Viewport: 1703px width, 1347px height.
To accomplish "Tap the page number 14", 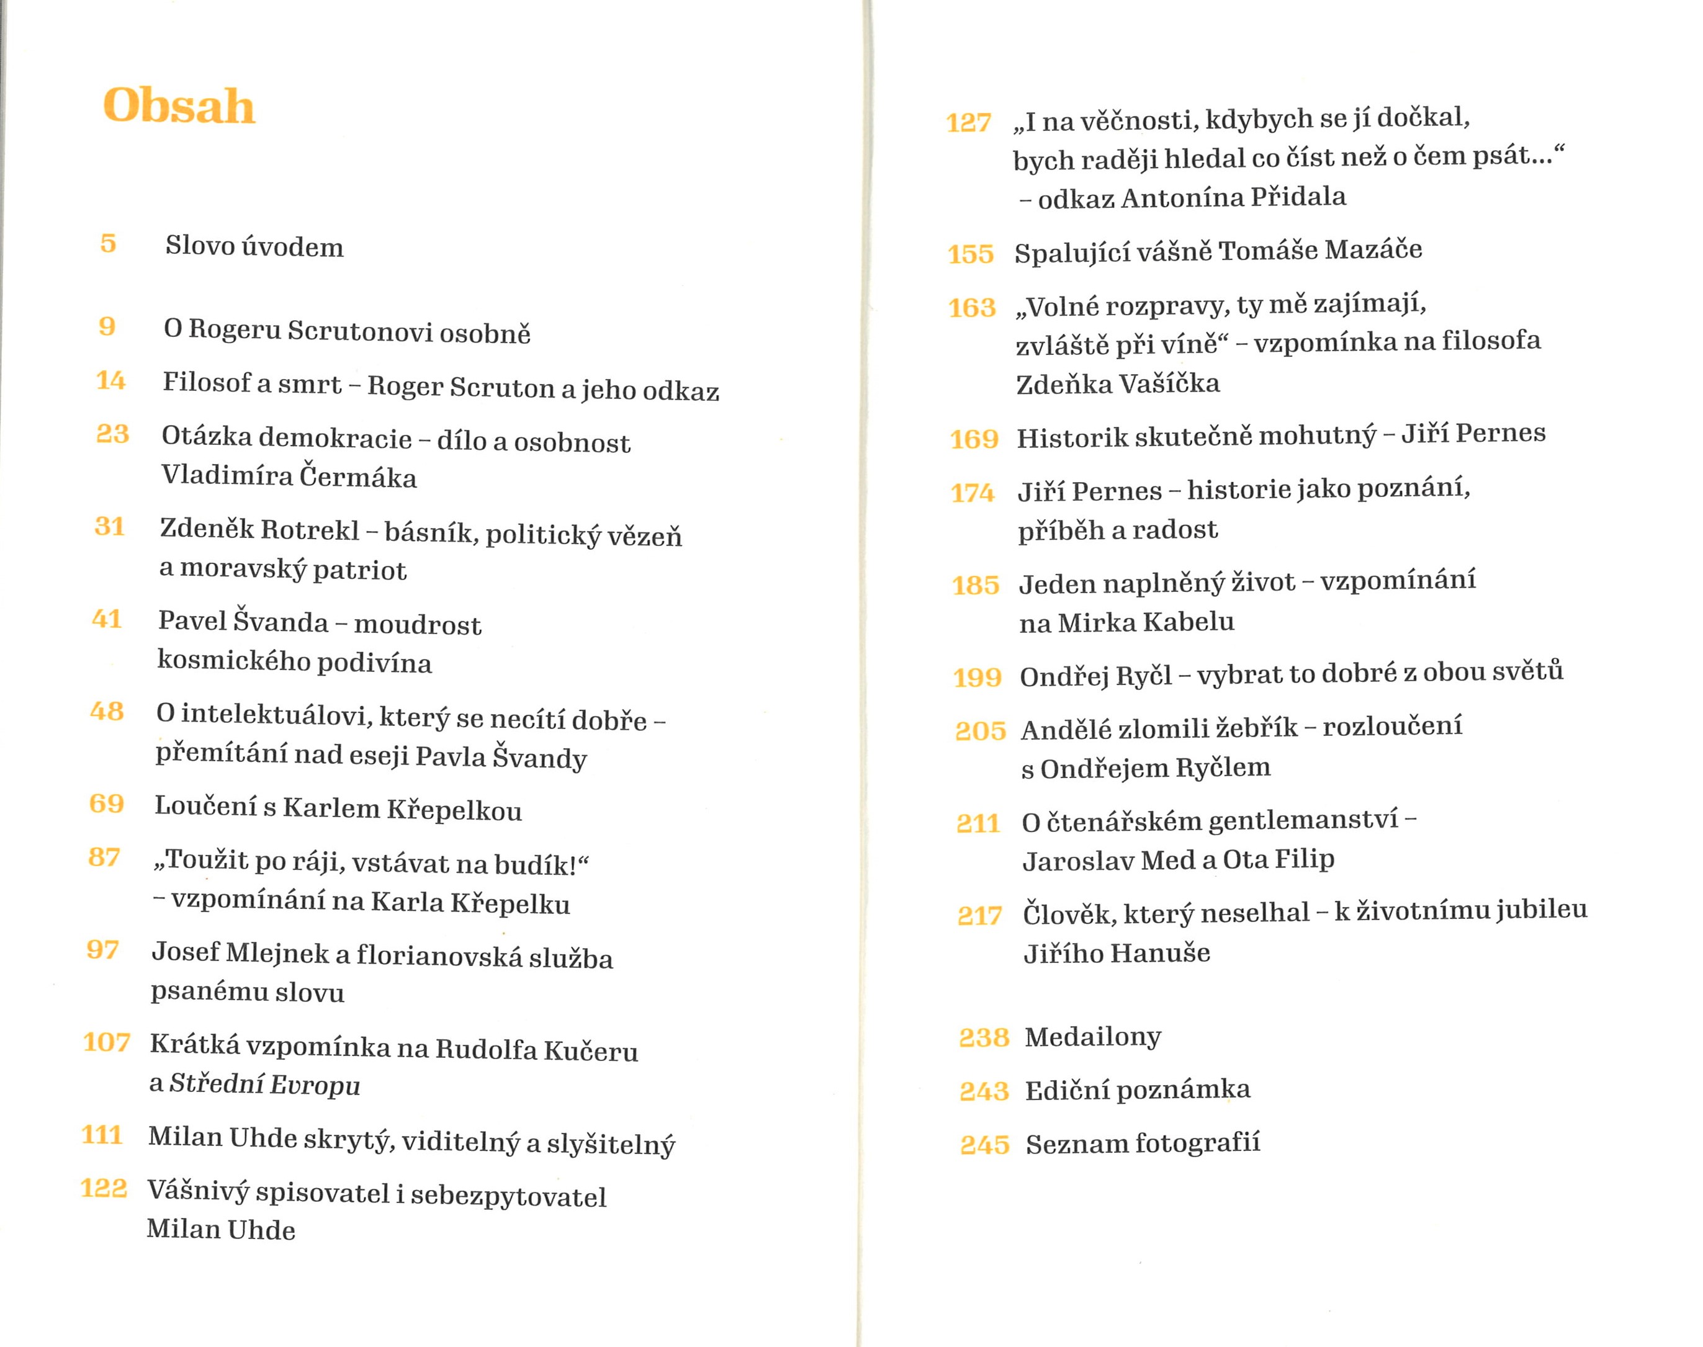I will coord(110,380).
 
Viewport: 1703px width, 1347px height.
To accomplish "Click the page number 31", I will coord(110,526).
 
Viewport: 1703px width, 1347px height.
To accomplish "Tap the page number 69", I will coord(107,803).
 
